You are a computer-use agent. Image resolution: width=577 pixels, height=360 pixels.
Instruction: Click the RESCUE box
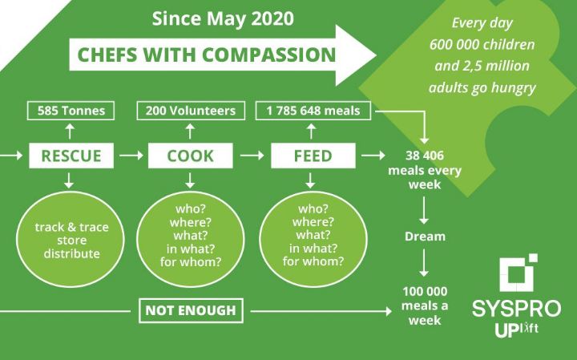coord(71,156)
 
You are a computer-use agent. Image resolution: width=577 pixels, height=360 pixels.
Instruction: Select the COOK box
coord(190,156)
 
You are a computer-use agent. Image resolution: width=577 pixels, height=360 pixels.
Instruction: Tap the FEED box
coord(313,156)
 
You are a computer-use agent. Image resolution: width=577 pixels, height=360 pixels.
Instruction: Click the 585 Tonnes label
coord(71,111)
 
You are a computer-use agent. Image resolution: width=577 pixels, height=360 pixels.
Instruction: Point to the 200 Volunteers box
coord(191,111)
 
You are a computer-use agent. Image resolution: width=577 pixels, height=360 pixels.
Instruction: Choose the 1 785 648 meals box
coord(313,111)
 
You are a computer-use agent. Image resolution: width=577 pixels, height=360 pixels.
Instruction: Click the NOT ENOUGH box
coord(191,310)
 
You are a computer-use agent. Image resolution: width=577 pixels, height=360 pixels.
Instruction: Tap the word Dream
coord(425,237)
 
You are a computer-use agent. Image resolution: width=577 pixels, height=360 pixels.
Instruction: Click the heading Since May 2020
coord(223,18)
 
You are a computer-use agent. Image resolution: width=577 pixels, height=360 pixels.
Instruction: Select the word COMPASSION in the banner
coord(268,55)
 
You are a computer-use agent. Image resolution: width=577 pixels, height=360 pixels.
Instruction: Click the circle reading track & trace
coord(71,239)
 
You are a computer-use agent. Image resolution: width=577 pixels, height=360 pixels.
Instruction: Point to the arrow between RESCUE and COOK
coord(131,156)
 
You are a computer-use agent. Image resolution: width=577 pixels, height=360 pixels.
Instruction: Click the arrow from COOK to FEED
coord(252,156)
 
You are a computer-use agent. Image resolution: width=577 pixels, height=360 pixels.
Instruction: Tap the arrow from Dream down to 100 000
coord(424,263)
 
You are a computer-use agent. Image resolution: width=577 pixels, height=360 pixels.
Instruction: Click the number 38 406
coord(425,156)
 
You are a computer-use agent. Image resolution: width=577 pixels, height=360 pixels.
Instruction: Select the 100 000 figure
coord(425,292)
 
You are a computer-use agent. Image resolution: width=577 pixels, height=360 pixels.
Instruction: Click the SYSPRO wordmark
coord(517,309)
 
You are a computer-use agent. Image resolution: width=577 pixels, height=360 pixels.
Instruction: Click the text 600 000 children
coord(482,45)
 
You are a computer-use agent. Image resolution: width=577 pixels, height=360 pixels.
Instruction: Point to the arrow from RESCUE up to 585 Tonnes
coord(70,131)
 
